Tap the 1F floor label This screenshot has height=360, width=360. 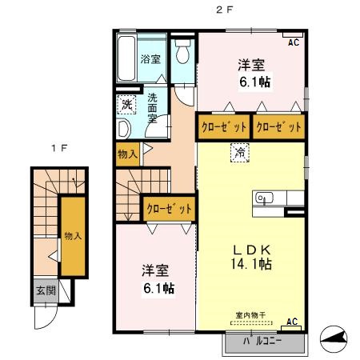[56, 149]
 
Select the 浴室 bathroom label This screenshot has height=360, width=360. [150, 58]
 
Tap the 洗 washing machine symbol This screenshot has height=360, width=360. [126, 104]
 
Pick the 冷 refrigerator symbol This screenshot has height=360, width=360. [239, 151]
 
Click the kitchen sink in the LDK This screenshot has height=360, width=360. [264, 198]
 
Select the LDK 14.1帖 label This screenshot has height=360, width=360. [250, 256]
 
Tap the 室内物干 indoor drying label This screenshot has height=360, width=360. [249, 316]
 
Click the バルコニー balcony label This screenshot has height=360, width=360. [265, 342]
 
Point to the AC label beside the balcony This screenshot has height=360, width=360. [293, 322]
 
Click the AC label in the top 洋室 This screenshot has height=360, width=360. [293, 42]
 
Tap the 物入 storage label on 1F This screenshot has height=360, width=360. [72, 236]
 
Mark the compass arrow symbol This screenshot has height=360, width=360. [335, 339]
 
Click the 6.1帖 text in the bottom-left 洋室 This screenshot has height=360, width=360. [160, 287]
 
